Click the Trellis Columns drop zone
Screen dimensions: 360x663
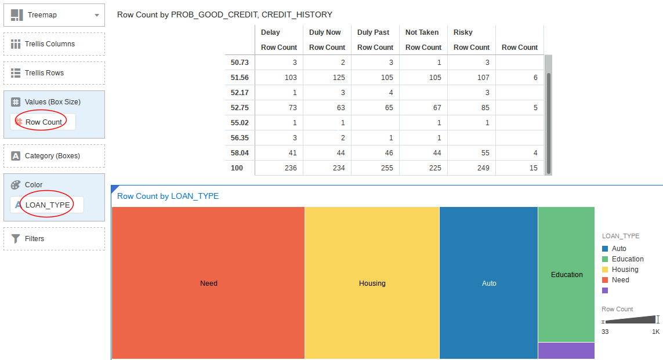point(54,44)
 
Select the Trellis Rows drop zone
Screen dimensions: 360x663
point(54,73)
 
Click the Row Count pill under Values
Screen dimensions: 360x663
point(44,122)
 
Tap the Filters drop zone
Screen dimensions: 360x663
point(54,239)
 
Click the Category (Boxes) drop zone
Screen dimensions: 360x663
point(54,156)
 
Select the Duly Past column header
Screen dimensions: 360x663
point(373,32)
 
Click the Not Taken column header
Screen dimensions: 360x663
point(422,32)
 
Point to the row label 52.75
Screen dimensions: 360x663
point(240,107)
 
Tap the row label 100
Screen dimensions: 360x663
point(237,168)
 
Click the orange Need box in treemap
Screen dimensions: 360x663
point(208,283)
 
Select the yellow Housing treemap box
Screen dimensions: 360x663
point(372,283)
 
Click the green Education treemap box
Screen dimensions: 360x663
point(566,274)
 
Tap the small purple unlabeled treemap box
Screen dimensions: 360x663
point(566,351)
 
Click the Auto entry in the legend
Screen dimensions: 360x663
point(619,249)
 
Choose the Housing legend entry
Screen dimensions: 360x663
point(625,270)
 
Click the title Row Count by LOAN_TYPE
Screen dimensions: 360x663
point(168,196)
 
